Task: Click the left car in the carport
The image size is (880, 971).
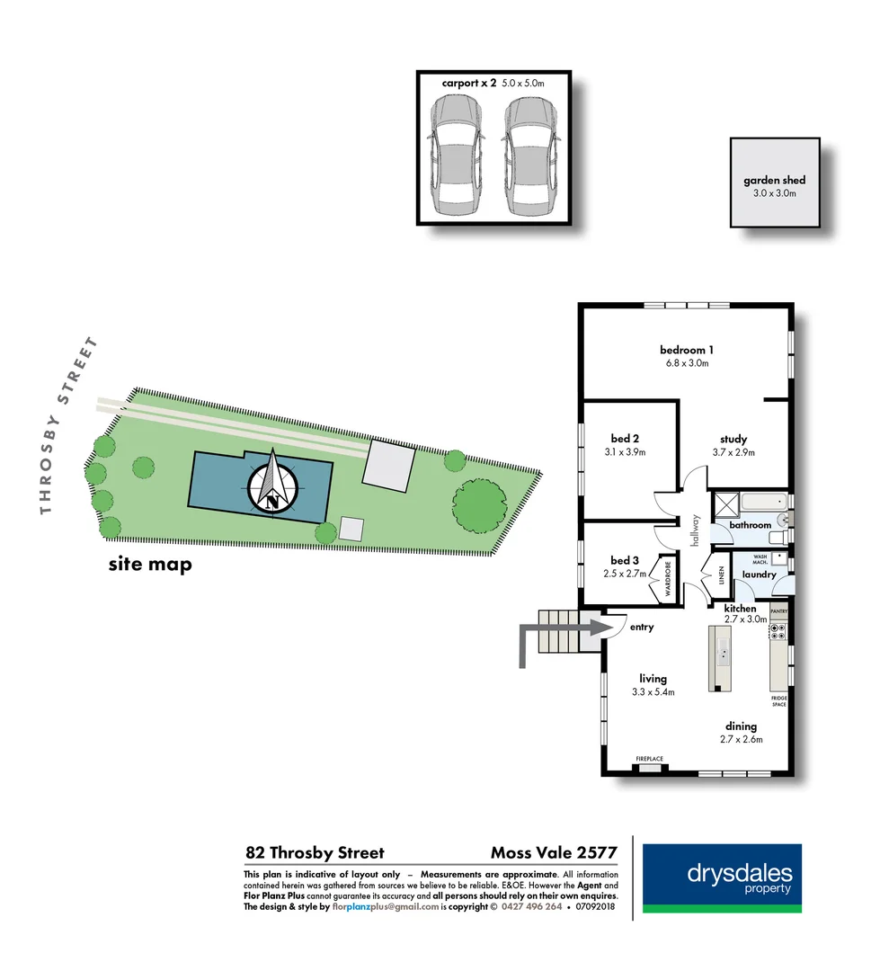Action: (456, 156)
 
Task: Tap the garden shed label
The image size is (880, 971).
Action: (774, 181)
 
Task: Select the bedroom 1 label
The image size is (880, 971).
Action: (686, 350)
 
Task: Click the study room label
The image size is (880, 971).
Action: (733, 439)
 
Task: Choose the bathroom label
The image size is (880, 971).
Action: (750, 524)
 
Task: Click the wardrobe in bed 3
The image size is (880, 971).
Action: (669, 581)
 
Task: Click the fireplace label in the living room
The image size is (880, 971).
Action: (649, 760)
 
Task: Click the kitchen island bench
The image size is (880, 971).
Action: (721, 658)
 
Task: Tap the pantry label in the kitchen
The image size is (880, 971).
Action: (778, 612)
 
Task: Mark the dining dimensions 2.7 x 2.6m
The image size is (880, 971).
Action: (741, 740)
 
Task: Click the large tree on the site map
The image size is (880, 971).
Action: (478, 503)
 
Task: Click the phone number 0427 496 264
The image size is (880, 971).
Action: (530, 907)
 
